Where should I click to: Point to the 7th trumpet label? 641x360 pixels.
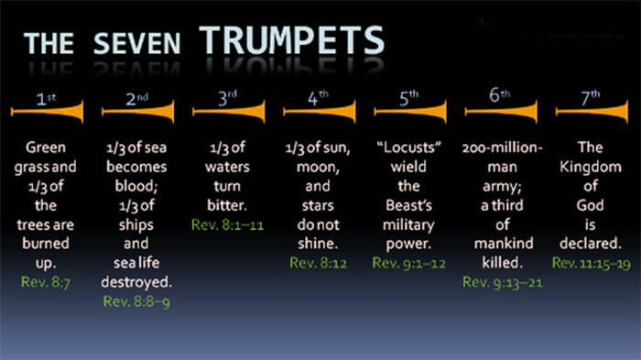(592, 95)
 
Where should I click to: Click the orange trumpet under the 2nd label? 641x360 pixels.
(136, 112)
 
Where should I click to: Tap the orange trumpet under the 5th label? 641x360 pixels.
(409, 112)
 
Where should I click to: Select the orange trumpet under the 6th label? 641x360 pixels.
(500, 112)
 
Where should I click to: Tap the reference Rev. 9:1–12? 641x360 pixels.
(408, 263)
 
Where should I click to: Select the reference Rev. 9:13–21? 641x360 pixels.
(502, 281)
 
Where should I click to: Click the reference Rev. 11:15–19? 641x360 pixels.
(592, 263)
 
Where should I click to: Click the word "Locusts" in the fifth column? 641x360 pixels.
(408, 147)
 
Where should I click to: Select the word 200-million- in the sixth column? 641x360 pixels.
(502, 147)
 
